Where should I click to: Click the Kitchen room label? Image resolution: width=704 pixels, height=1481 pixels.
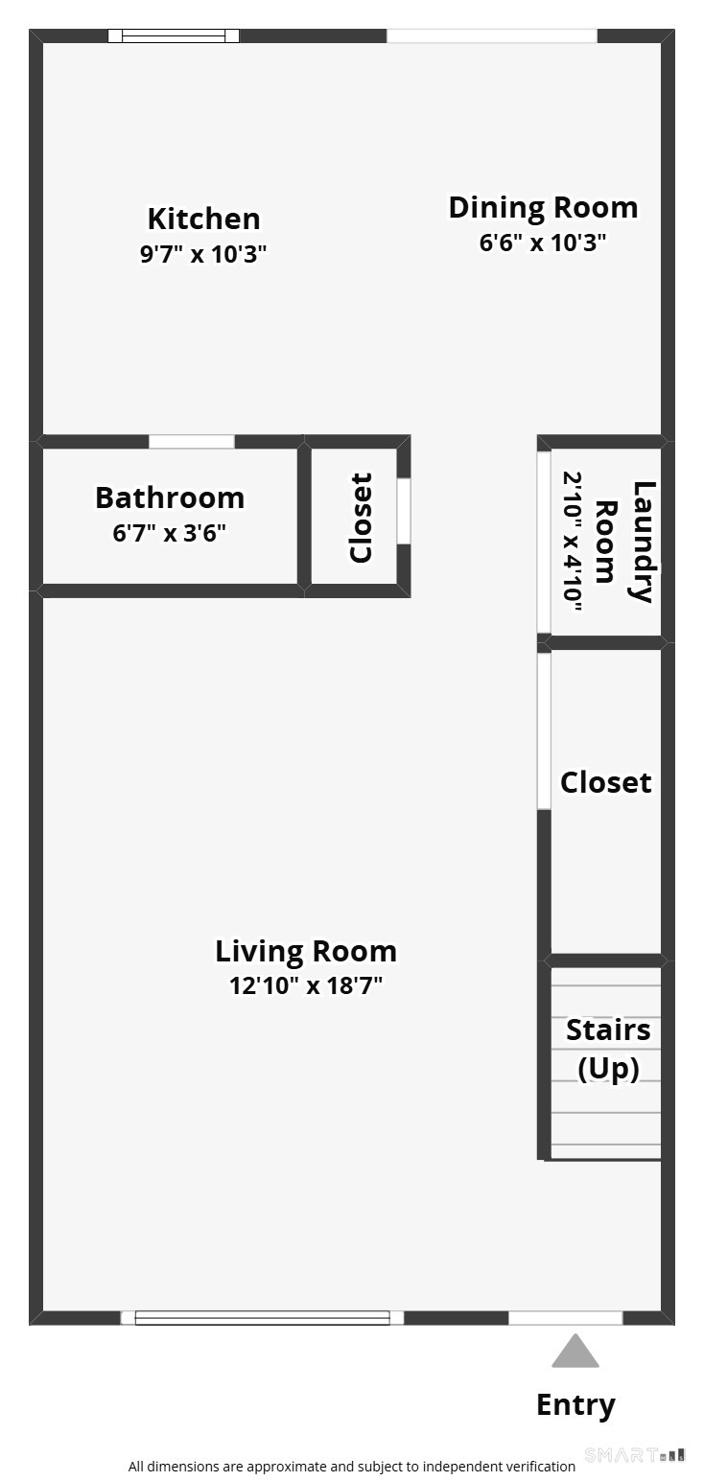[x=203, y=219]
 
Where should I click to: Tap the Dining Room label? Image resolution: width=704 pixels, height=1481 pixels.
[x=543, y=207]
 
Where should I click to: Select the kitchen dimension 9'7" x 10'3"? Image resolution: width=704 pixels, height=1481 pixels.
[x=203, y=254]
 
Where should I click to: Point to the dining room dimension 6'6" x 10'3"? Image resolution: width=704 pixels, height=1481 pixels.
[x=543, y=243]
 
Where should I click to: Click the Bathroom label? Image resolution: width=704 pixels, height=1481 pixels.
[x=170, y=498]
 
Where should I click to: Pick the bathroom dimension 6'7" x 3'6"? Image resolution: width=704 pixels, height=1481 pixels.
[x=170, y=533]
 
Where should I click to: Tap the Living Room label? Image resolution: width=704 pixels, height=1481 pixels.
[x=306, y=951]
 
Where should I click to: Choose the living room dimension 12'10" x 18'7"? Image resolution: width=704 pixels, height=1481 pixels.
[x=306, y=985]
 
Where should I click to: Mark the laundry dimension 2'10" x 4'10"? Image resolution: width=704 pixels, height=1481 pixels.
[x=573, y=541]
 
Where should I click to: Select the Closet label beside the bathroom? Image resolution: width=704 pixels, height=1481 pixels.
[x=361, y=518]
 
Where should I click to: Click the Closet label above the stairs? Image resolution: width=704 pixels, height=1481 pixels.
[x=606, y=782]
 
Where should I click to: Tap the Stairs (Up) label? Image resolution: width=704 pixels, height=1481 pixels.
[x=608, y=1049]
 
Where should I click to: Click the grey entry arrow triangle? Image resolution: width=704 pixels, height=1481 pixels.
[x=575, y=1352]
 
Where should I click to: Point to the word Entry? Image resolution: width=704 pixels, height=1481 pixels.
[x=575, y=1404]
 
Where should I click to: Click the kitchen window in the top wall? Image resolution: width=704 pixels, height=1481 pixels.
[x=174, y=36]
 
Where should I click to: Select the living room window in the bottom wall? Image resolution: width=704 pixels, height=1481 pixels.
[x=262, y=1318]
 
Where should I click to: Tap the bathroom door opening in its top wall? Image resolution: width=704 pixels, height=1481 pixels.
[x=192, y=442]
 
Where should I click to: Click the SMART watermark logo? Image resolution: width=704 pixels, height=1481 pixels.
[x=634, y=1454]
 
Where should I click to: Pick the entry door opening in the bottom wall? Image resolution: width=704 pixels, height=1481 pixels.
[x=566, y=1318]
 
